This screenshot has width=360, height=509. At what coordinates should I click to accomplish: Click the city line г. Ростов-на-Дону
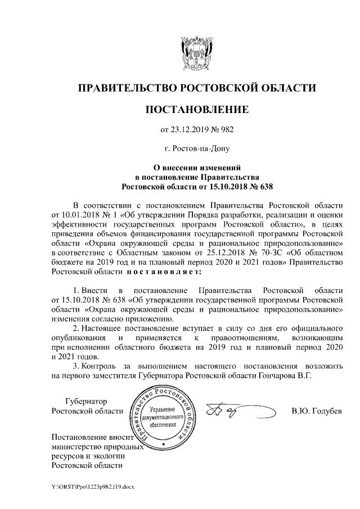196,149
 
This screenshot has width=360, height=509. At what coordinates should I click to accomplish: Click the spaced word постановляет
164,272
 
